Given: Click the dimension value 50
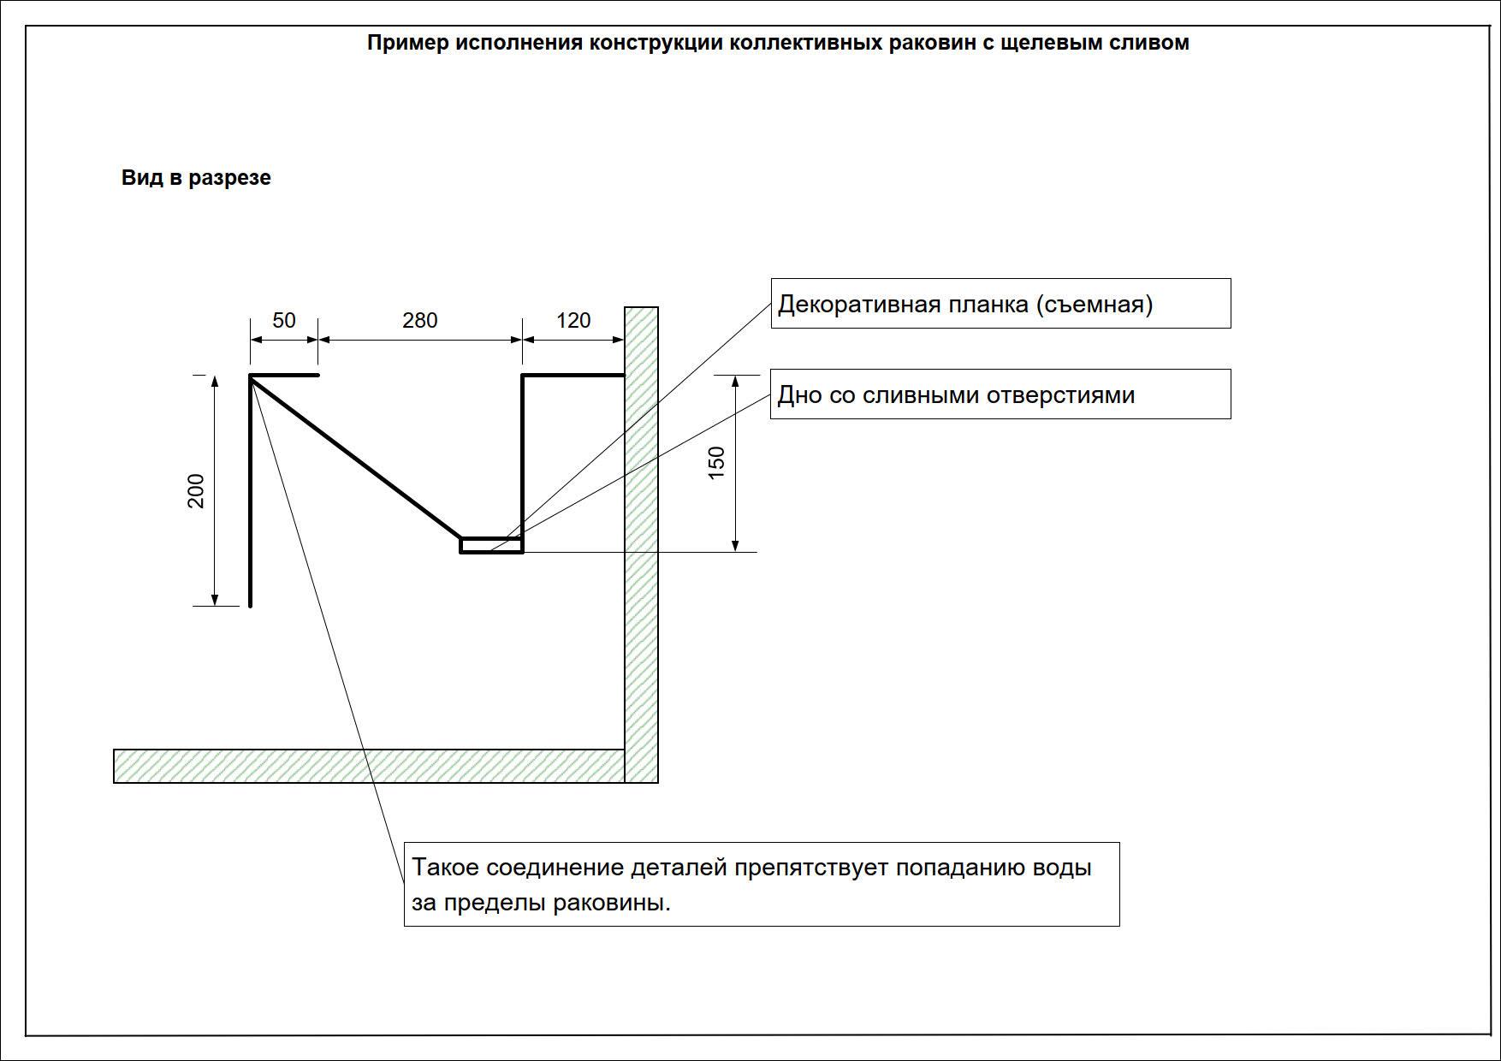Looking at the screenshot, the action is click(284, 320).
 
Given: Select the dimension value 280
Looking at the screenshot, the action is click(420, 320).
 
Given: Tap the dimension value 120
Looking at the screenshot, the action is click(573, 320).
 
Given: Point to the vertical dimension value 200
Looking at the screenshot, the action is click(196, 490).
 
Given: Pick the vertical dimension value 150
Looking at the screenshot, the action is click(716, 463).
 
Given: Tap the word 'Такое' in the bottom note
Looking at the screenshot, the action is click(445, 867).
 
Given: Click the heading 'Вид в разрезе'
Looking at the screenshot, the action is click(196, 177).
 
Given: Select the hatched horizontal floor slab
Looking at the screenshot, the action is click(369, 766).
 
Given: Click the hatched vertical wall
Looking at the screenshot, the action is click(641, 545).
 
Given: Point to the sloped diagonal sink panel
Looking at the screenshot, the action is click(356, 457).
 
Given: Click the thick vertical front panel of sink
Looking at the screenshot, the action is click(250, 491).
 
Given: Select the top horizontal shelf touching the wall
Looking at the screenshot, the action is click(573, 375).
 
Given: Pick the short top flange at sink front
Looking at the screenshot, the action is click(284, 375).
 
